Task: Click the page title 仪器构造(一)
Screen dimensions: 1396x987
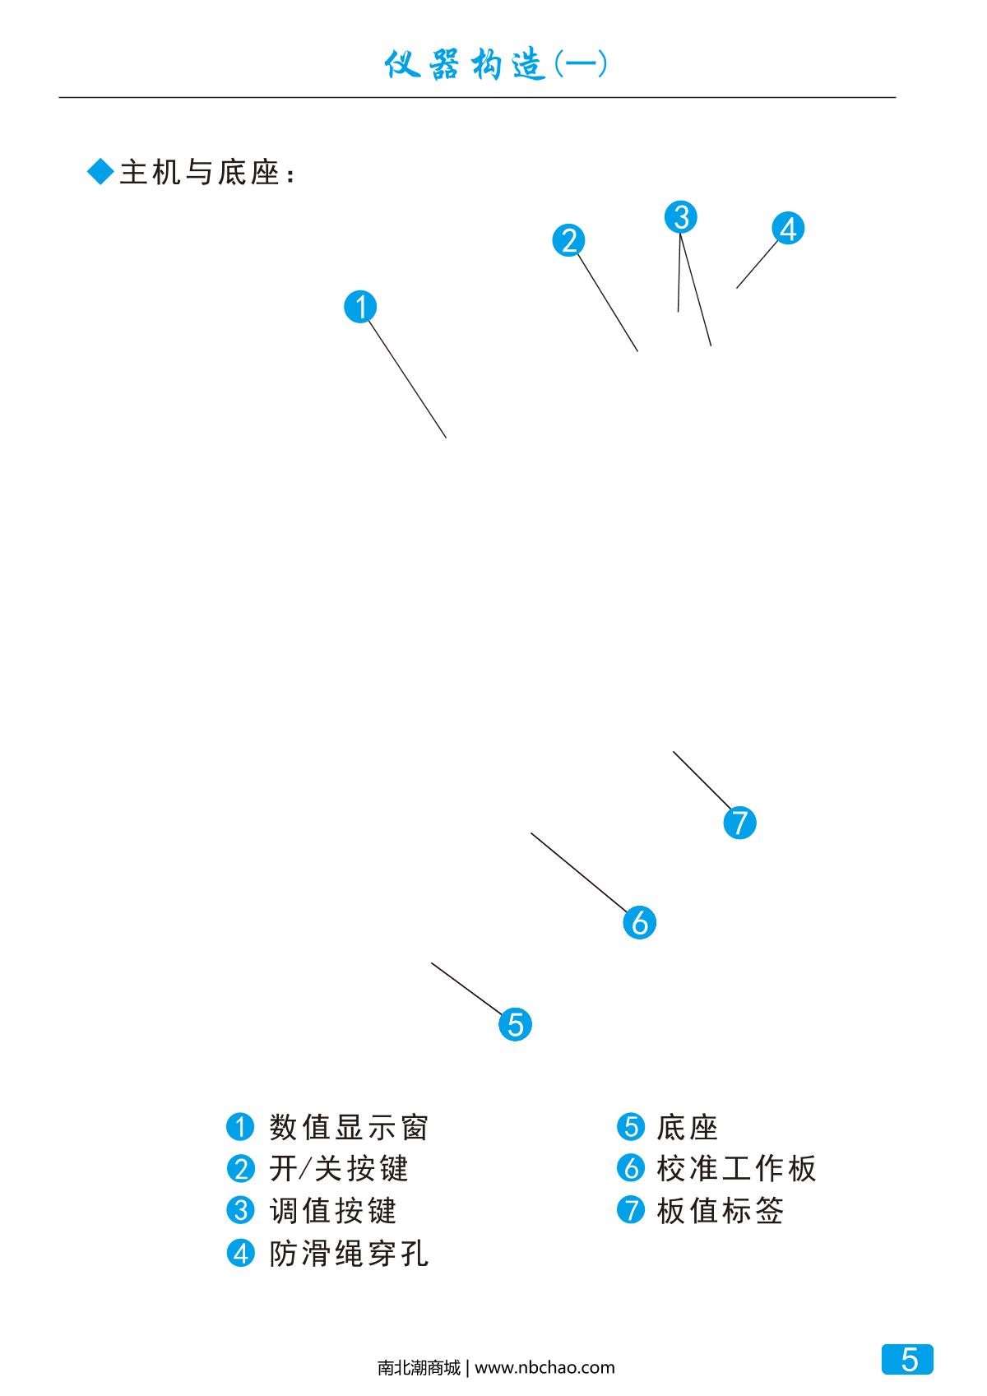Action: point(495,65)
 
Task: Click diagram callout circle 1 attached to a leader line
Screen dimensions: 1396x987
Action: point(360,307)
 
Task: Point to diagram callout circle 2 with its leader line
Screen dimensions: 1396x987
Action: point(568,240)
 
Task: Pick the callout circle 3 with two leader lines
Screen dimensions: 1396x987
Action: point(680,217)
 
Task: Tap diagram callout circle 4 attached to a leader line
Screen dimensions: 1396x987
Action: point(788,229)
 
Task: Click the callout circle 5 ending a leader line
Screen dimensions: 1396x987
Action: point(516,1024)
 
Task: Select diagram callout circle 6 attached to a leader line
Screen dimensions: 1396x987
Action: point(639,922)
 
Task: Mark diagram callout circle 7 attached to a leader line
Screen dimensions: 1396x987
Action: point(739,823)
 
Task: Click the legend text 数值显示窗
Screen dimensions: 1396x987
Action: point(349,1127)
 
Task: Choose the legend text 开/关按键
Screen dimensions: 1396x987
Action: point(339,1169)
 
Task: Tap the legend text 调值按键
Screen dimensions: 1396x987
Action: point(333,1211)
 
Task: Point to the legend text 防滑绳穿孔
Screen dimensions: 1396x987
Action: point(349,1254)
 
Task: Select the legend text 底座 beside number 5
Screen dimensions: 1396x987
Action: point(688,1127)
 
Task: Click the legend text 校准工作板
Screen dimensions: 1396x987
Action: point(736,1169)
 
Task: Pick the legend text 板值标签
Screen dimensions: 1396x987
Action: point(721,1211)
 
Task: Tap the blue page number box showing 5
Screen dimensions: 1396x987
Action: point(908,1360)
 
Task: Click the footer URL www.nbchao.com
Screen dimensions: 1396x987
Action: point(544,1368)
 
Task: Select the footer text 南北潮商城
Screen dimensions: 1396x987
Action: point(419,1368)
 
